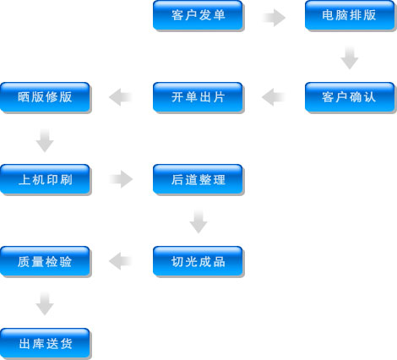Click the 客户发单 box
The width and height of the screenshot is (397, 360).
tap(198, 15)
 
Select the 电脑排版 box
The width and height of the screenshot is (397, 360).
tap(350, 15)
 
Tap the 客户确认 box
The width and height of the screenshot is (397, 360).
tap(350, 97)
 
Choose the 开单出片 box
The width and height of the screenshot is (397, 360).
tap(198, 97)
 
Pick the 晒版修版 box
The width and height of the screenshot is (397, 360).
tap(45, 97)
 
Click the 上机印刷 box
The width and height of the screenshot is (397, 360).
tap(45, 179)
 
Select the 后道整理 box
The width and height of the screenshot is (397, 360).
tap(198, 179)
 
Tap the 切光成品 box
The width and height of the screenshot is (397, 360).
tap(198, 261)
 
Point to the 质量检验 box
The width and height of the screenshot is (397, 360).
tap(45, 261)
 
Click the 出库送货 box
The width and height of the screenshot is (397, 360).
tap(45, 343)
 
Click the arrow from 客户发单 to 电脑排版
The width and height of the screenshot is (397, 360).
tap(274, 18)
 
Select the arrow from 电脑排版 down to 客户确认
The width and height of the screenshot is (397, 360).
tap(350, 57)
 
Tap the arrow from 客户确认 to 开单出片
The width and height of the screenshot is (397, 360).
tap(274, 97)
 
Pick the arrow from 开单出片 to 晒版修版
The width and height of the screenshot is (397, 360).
tap(121, 97)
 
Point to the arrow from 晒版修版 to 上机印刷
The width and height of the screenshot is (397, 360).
tap(45, 140)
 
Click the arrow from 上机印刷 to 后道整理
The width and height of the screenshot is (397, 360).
tap(121, 179)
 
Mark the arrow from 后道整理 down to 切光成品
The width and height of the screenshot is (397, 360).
tap(198, 221)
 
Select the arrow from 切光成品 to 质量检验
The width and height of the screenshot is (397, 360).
tap(121, 261)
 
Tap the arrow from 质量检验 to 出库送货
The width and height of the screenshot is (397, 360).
tap(45, 303)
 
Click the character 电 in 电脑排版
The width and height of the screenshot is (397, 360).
tap(328, 15)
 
